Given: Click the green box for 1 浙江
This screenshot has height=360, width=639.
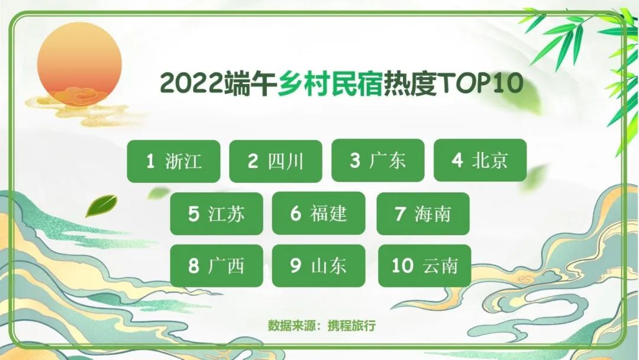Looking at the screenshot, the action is click(173, 161).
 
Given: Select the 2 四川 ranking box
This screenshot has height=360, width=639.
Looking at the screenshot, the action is click(276, 161).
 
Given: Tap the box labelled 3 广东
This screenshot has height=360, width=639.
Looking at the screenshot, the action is click(378, 160).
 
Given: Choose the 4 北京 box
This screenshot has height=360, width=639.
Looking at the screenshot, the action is click(480, 160).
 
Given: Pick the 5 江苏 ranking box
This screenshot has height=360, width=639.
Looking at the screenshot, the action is click(217, 214).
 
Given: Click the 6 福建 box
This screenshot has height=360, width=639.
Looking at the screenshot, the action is click(319, 213).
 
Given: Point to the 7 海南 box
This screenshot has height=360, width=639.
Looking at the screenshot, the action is click(423, 214).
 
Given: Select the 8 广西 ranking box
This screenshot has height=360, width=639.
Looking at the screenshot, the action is click(217, 266).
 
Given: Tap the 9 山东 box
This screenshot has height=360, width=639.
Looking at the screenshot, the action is click(319, 266).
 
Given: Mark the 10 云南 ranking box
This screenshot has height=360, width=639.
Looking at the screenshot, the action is click(425, 266).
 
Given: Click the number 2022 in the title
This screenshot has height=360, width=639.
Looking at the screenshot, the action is click(192, 83).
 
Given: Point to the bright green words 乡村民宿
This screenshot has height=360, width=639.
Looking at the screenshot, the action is click(331, 83).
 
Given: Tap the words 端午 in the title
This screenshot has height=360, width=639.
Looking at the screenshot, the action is click(251, 83).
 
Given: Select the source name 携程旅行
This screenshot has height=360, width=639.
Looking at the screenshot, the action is click(351, 326).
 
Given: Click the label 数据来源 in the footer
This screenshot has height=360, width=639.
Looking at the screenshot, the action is click(292, 326).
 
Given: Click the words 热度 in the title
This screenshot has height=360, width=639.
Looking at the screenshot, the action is click(410, 83).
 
